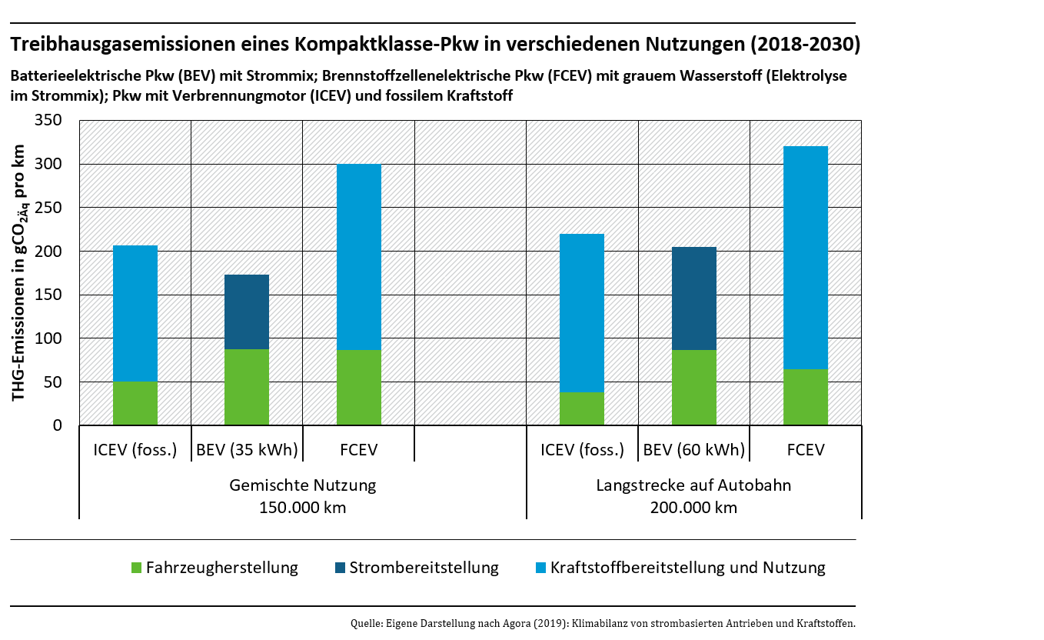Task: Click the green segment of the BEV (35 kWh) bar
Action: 247,387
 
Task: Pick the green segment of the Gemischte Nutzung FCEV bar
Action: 359,388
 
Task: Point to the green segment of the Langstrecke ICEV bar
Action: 582,408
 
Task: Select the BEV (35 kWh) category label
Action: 247,450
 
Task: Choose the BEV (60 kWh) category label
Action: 693,450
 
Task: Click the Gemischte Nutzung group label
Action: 303,485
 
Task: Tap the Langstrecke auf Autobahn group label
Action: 693,485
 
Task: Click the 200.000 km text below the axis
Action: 693,508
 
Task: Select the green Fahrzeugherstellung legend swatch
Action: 137,568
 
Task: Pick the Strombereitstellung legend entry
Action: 424,568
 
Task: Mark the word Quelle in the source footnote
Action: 364,623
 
